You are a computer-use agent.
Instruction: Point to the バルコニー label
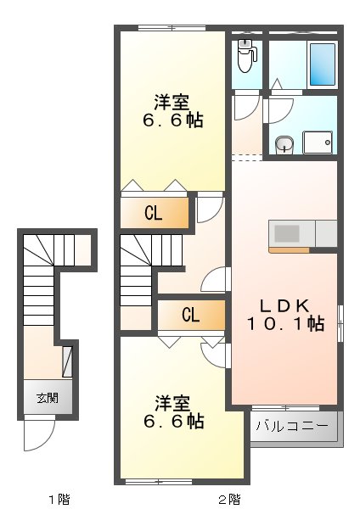coord(292,426)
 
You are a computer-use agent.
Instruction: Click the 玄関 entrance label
coord(47,397)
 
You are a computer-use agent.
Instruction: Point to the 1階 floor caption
coord(58,498)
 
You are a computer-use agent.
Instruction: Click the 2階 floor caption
coord(228,498)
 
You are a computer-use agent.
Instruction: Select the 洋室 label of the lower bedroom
coord(172,402)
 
